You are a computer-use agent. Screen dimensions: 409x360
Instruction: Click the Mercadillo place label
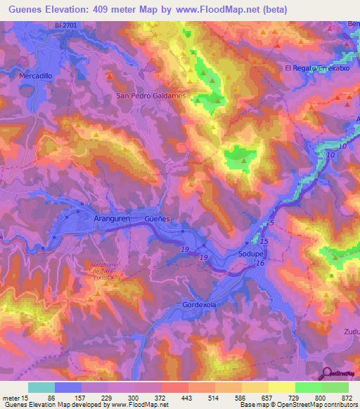pyautogui.click(x=37, y=74)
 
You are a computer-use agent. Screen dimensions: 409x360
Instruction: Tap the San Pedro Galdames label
pyautogui.click(x=150, y=96)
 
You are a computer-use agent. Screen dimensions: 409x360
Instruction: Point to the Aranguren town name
pyautogui.click(x=114, y=219)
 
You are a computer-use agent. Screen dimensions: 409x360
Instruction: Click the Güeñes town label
pyautogui.click(x=157, y=219)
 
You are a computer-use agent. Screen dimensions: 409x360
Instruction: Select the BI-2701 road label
pyautogui.click(x=66, y=26)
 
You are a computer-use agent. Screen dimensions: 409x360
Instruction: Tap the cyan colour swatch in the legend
pyautogui.click(x=41, y=387)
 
